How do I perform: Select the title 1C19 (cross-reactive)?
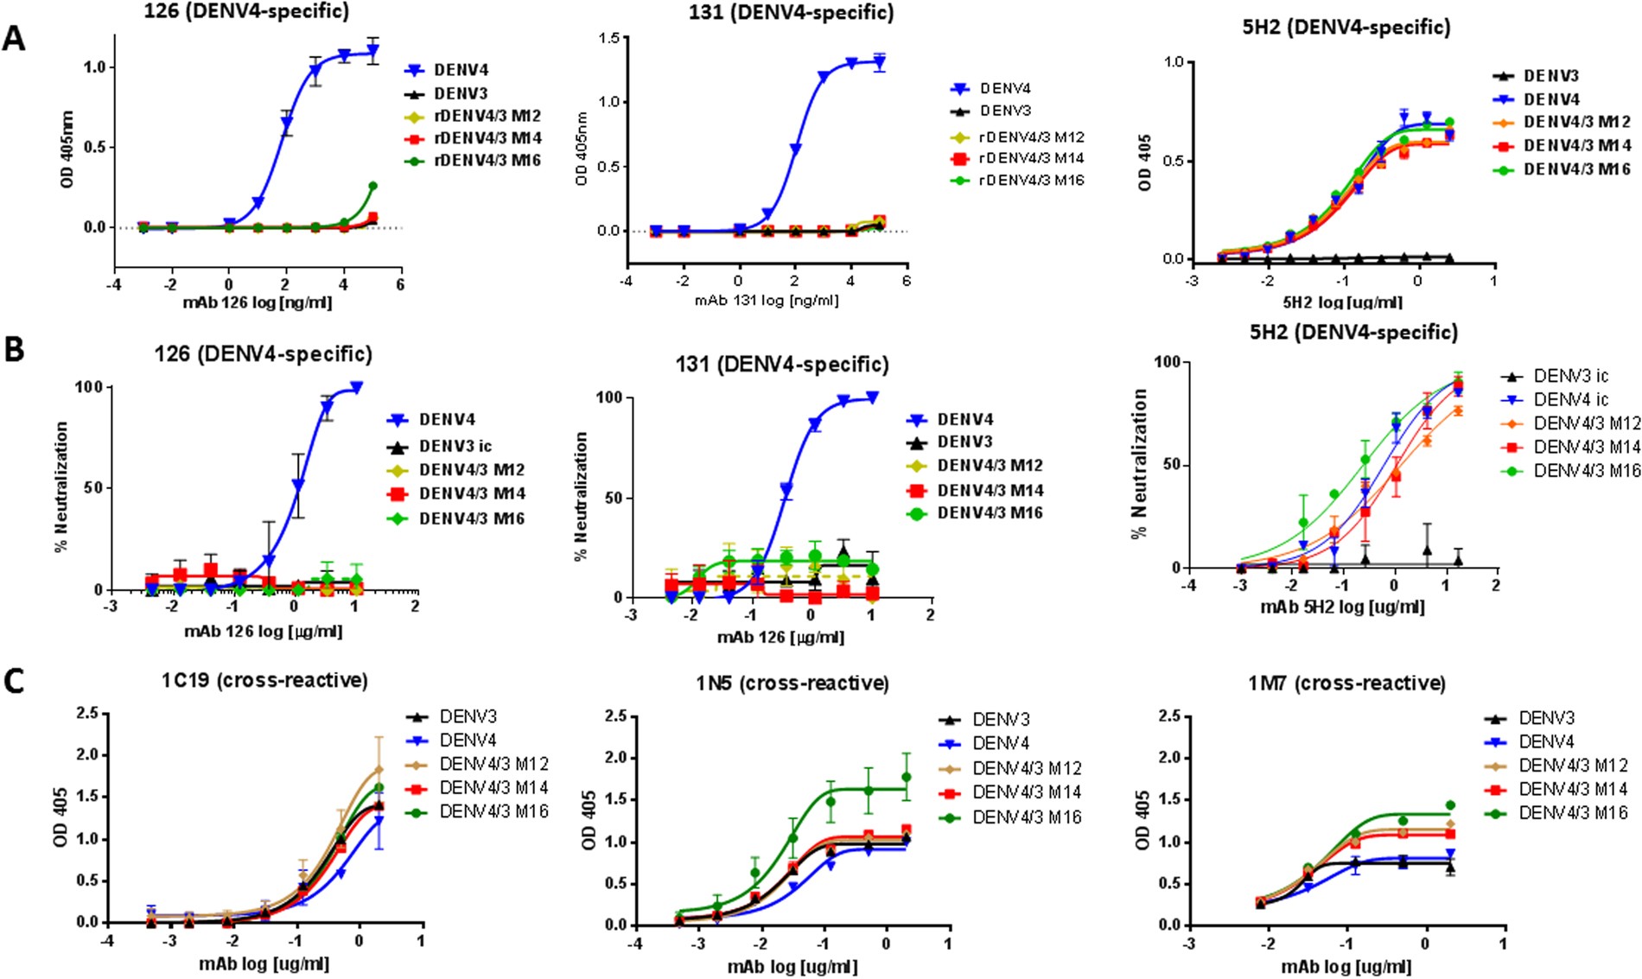(264, 680)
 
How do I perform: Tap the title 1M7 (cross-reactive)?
(1346, 683)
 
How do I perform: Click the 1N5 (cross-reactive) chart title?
(792, 683)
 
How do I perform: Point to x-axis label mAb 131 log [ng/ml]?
(767, 300)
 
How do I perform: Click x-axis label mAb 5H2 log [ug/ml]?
(1342, 607)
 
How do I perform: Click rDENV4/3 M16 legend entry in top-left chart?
(487, 160)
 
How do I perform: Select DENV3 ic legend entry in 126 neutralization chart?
(455, 446)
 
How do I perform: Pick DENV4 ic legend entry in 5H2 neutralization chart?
(1571, 399)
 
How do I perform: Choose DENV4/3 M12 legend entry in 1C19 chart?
(493, 764)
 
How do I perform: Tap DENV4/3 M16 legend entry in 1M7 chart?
(1573, 812)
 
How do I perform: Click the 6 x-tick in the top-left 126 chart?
(400, 283)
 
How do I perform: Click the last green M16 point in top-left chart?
(372, 186)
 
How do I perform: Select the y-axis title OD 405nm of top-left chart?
(67, 149)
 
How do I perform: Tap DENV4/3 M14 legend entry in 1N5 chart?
(1027, 791)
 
